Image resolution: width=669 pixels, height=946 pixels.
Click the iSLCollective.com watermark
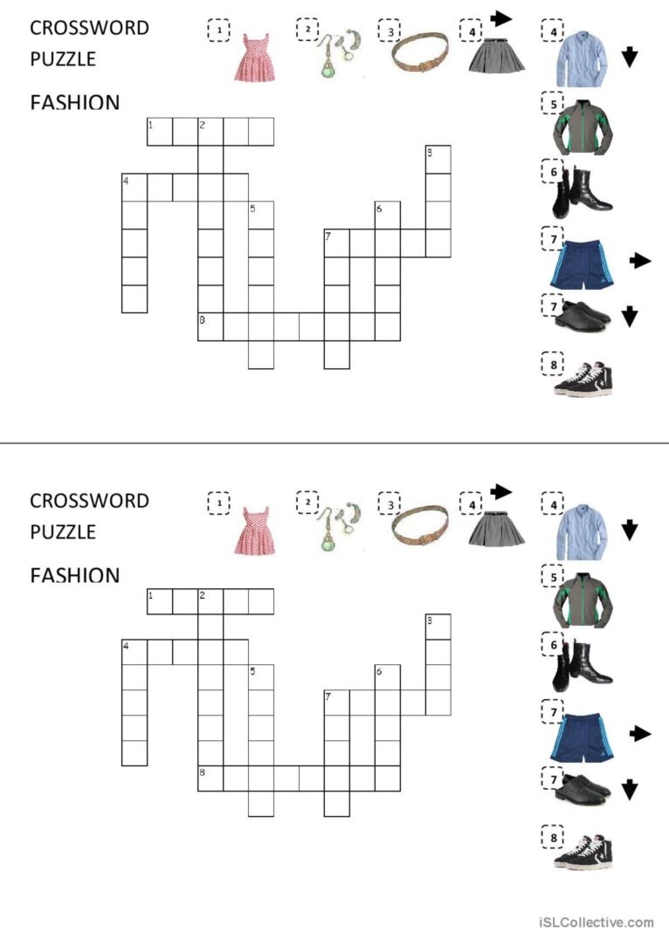596,922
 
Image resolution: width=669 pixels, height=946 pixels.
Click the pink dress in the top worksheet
254,58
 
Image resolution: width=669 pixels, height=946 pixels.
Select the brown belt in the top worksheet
421,54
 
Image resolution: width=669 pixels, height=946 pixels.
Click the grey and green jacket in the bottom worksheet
583,601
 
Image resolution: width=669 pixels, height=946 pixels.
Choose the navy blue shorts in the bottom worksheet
580,737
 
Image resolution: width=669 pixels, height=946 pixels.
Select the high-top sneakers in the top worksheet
583,377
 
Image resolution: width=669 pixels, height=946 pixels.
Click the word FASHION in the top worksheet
74,103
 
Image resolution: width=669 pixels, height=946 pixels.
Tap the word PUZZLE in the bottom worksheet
63,531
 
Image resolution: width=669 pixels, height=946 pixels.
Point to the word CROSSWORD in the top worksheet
89,27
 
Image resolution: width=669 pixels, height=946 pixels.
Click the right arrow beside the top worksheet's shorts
640,260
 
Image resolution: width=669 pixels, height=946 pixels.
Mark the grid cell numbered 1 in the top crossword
159,133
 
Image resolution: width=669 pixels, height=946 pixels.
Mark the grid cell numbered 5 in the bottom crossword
261,677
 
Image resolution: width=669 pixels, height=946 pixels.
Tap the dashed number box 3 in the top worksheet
389,31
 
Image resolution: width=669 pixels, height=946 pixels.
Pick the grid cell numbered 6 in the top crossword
387,215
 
